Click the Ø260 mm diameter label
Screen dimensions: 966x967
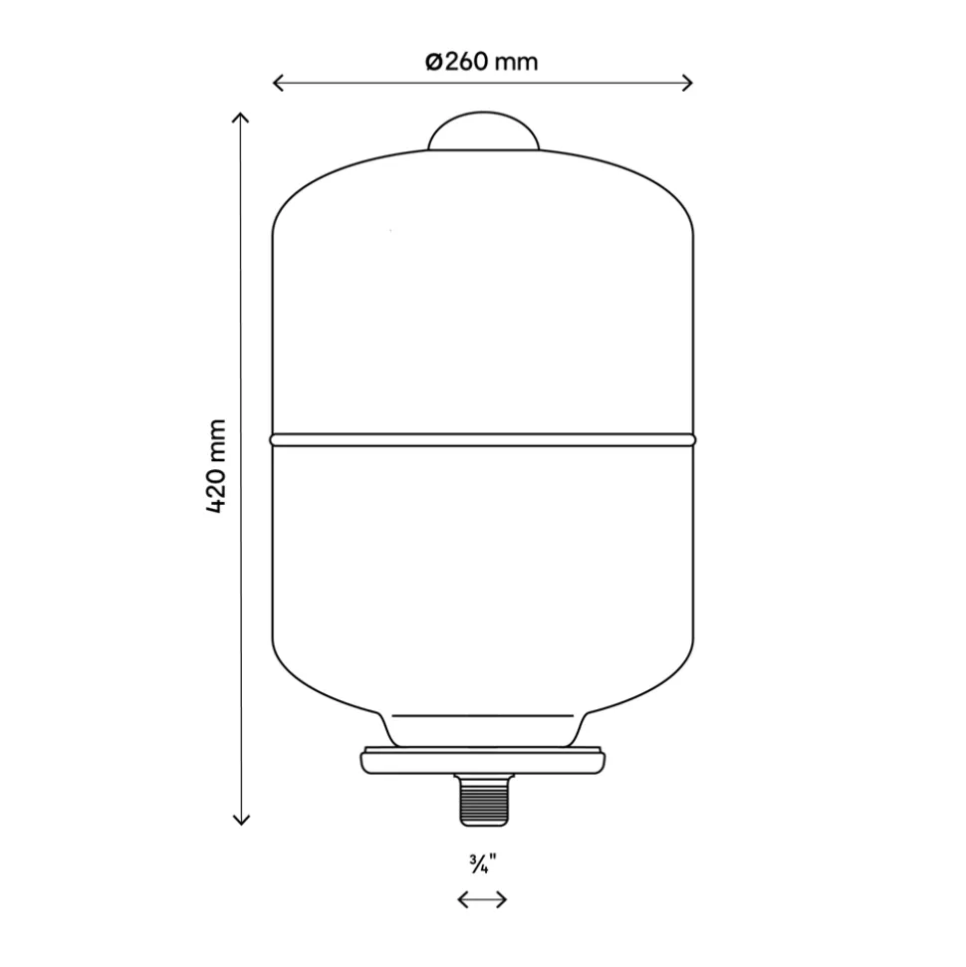pos(482,62)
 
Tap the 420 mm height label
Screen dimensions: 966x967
pos(216,466)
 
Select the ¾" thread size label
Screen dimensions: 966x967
pos(482,864)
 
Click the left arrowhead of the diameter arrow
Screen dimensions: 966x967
pos(278,83)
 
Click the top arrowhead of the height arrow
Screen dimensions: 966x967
pos(241,118)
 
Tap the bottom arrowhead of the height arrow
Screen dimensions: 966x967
pos(241,820)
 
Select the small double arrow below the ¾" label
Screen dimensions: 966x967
pos(482,900)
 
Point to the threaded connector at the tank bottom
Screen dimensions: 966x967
pos(484,800)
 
